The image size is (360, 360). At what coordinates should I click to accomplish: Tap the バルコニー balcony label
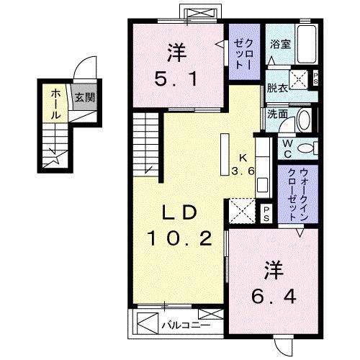(x=184, y=323)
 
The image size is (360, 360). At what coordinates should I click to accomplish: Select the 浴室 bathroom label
(x=280, y=44)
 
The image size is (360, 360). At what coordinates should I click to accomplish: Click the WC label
(x=287, y=148)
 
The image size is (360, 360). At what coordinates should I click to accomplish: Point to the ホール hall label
(x=55, y=104)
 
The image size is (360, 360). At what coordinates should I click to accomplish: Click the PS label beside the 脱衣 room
(x=317, y=81)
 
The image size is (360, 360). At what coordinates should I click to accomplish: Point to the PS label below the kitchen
(x=266, y=212)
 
